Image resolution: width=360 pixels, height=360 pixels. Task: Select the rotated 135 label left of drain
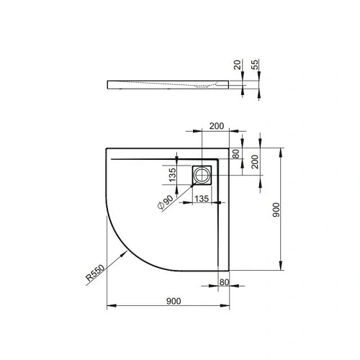click(x=174, y=174)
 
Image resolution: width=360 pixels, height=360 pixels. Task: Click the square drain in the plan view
click(x=202, y=174)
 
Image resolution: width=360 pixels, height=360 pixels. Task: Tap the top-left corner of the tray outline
click(x=107, y=149)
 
